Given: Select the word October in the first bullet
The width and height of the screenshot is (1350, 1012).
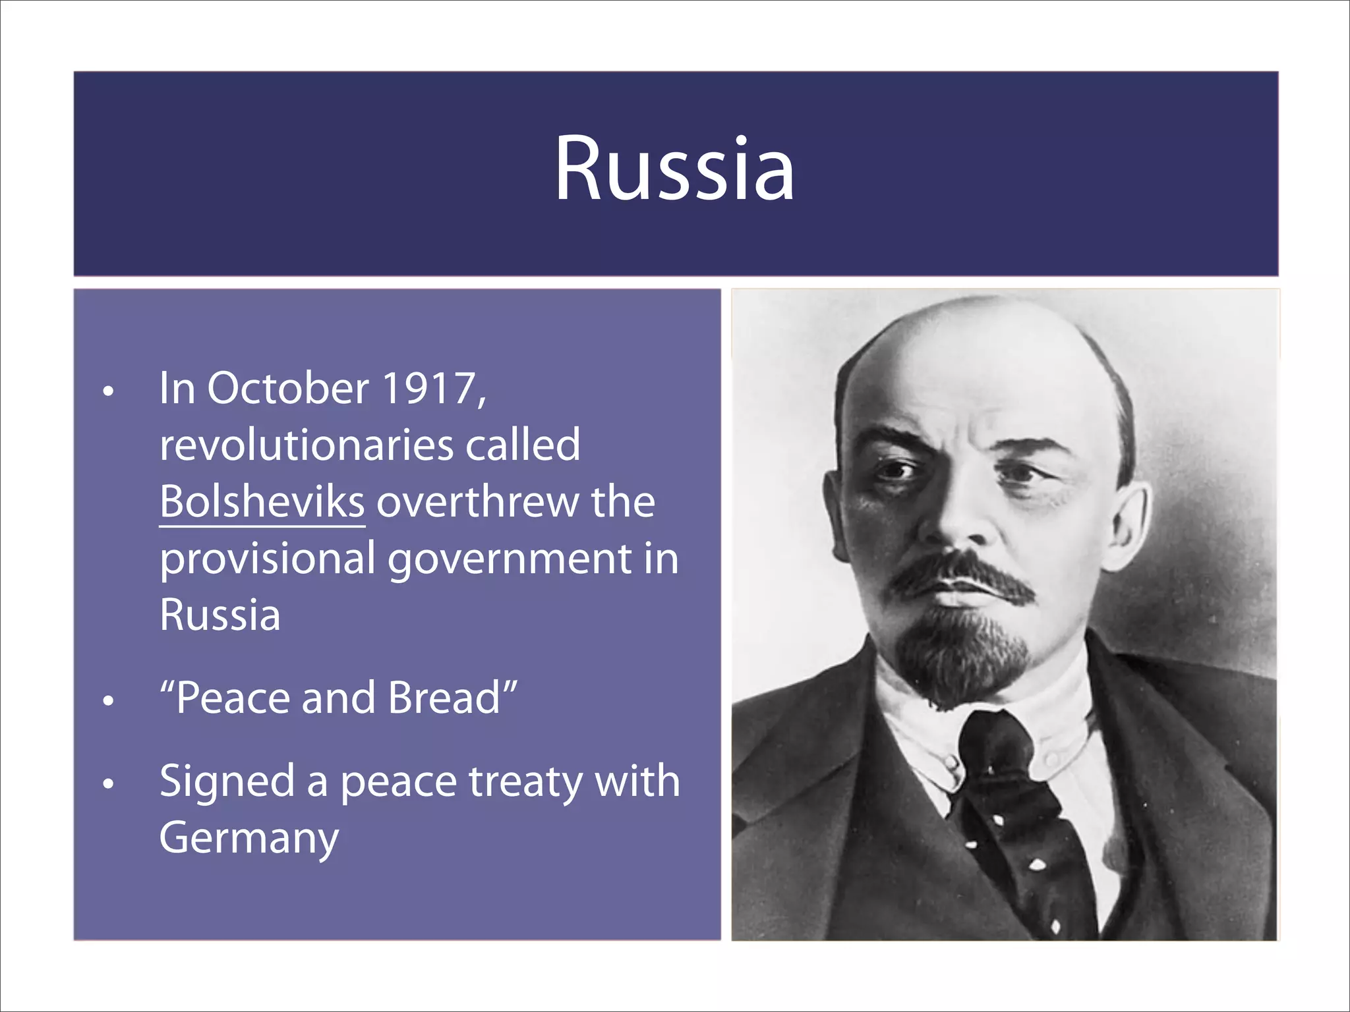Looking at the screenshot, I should (288, 388).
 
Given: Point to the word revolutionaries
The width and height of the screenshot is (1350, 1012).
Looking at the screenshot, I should (307, 445).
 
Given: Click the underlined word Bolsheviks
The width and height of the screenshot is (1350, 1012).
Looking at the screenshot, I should (262, 502).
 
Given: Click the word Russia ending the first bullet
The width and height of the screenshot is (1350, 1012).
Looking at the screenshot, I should (220, 615).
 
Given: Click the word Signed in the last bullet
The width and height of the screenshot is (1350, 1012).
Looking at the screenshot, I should (227, 782).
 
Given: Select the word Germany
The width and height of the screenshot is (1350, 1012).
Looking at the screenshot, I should (249, 839).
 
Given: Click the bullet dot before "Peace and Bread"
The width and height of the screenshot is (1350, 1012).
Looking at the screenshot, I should (109, 700).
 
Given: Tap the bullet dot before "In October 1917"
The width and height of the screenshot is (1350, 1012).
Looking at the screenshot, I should (109, 391).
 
